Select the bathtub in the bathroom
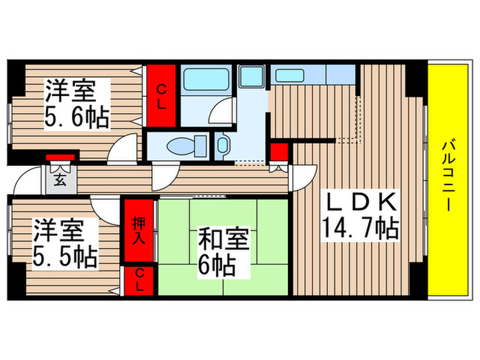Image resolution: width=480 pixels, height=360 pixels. [206, 80]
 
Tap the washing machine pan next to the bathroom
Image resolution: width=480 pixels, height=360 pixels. [252, 77]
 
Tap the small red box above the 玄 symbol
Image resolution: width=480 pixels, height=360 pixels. [53, 159]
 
